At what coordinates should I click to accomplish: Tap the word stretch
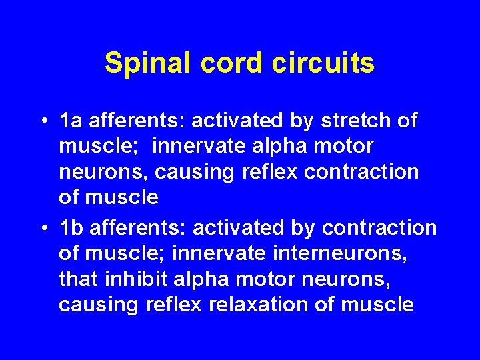click(x=357, y=121)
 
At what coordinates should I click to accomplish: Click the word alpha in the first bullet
click(x=293, y=146)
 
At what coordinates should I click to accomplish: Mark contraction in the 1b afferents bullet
click(x=379, y=227)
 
